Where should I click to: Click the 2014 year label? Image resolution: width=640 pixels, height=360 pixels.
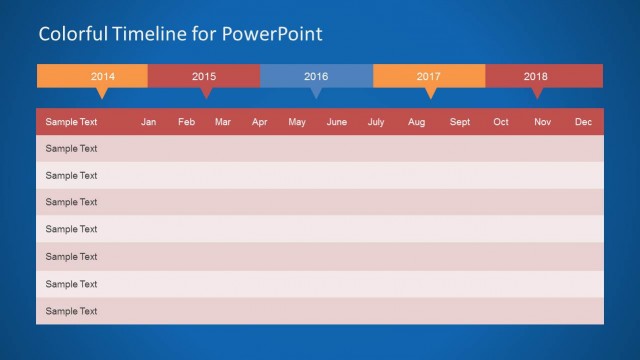coord(102,76)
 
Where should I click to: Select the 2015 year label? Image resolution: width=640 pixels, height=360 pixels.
coord(204,76)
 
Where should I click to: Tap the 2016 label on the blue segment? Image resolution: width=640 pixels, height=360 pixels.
coord(316,76)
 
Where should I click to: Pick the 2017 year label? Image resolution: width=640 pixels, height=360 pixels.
coord(429,76)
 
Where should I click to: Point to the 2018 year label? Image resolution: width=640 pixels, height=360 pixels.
coord(536,76)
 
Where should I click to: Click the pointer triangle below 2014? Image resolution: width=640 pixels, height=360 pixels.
coord(101,93)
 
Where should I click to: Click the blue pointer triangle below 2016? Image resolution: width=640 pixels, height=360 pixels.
coord(316,93)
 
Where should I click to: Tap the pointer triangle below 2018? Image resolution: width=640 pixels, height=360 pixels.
coord(537,93)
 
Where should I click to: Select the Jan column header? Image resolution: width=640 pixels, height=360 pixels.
coord(149,122)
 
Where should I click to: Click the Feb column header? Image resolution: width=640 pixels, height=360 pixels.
coord(187,122)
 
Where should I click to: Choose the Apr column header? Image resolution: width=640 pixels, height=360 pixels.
coord(260,122)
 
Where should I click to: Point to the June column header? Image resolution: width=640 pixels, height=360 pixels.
coord(337,122)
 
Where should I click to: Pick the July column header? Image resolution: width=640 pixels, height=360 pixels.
coord(376,122)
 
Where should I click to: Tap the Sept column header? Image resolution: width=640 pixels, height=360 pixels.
coord(460,122)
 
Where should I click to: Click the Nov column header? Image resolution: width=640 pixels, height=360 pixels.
coord(542,122)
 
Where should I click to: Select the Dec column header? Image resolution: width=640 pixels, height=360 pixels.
coord(583,122)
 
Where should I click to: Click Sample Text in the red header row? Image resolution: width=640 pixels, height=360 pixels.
coord(71,122)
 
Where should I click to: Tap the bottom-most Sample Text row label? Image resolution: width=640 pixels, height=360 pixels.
coord(71,311)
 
